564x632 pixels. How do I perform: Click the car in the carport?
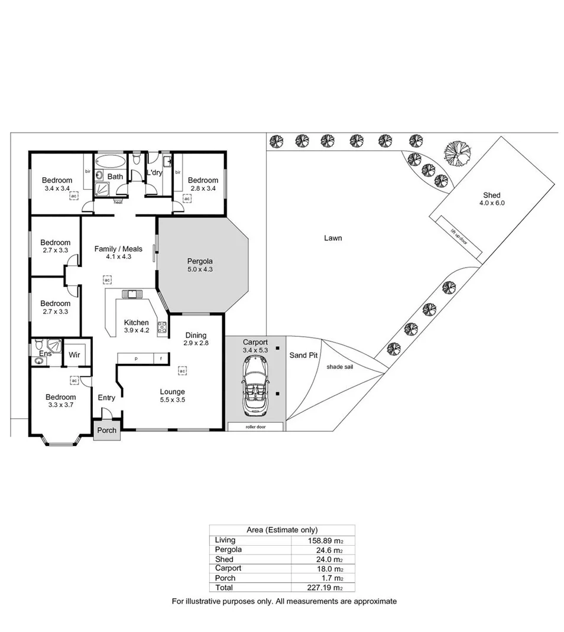coord(255,386)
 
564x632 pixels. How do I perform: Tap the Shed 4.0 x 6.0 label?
coord(491,199)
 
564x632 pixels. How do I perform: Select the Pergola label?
coord(200,265)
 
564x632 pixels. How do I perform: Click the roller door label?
coord(255,426)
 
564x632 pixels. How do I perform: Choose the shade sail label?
coord(339,366)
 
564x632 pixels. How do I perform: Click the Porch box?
coord(106,430)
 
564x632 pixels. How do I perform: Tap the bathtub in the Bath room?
coord(110,161)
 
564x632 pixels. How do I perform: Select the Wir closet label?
coord(74,355)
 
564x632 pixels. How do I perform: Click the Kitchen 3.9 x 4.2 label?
coord(136,327)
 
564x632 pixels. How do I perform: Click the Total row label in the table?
coord(224,588)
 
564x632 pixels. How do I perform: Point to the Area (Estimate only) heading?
coord(281,530)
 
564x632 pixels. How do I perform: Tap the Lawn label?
coord(333,238)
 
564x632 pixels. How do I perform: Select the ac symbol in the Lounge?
coord(183,371)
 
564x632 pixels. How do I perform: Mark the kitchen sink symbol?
coord(129,294)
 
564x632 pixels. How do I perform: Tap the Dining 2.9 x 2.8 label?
coord(196,338)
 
